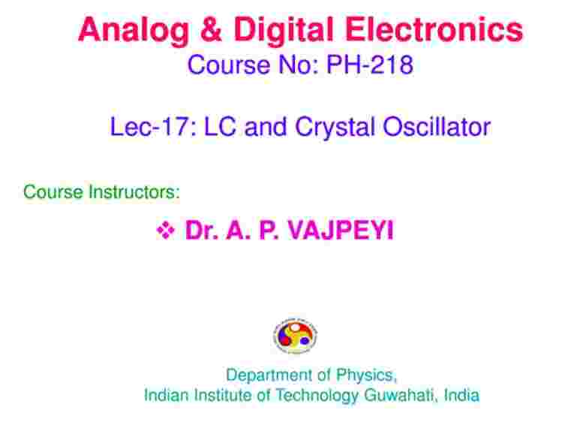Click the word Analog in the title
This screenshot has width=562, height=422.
point(134,31)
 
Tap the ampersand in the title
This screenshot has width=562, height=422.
point(211,29)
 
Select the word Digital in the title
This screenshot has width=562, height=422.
point(284,31)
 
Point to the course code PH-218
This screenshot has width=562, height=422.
point(370,65)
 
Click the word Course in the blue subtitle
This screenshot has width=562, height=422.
point(229,65)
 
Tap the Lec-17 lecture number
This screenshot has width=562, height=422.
point(153,127)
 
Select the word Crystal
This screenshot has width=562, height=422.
point(335,128)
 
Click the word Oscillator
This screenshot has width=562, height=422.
point(437,127)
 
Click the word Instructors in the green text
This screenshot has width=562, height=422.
point(134,191)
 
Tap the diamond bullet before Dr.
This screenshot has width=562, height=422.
point(166,231)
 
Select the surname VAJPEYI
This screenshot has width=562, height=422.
point(341,230)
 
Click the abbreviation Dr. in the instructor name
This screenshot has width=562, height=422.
point(201,230)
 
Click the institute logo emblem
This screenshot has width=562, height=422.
point(295,336)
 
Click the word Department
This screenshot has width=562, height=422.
point(269,375)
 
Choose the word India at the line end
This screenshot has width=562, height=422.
point(461,395)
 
